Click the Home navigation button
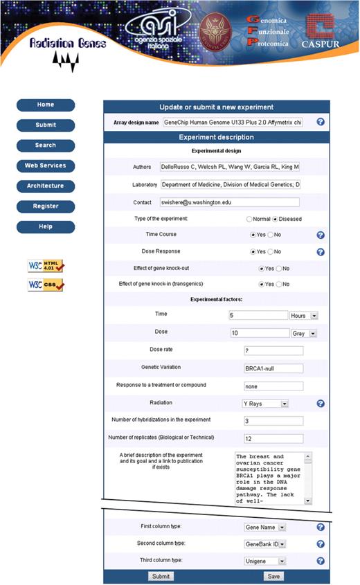point(45,105)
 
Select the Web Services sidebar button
point(45,166)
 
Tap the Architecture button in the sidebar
point(45,186)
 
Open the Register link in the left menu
point(45,206)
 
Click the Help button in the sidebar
point(45,226)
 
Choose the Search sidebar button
point(45,145)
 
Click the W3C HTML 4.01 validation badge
point(46,266)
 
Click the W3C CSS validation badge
point(46,285)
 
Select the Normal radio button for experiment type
point(249,219)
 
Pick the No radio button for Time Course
point(271,235)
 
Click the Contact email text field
point(230,203)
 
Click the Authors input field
point(230,168)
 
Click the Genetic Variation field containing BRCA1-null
point(273,368)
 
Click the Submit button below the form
point(161,576)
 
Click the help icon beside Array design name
point(321,122)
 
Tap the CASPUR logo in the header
point(320,31)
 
